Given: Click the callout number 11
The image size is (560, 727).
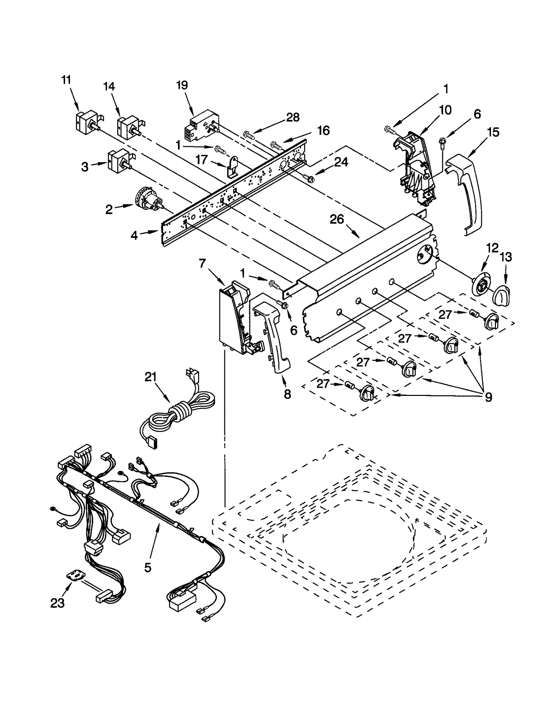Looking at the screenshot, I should (x=66, y=80).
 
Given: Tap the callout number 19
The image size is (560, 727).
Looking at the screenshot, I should (x=182, y=85).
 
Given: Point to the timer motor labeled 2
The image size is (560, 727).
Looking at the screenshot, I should (x=148, y=203).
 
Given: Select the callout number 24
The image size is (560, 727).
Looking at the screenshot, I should (x=341, y=162).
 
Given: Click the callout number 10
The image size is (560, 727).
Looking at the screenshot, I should (x=445, y=110).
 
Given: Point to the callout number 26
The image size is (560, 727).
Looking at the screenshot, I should (x=337, y=220).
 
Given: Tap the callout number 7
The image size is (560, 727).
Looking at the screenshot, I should (x=202, y=263).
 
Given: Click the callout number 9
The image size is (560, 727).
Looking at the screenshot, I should (x=488, y=397).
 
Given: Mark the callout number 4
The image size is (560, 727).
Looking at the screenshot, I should (x=134, y=236).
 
